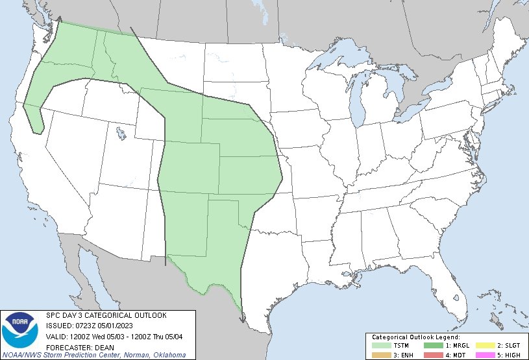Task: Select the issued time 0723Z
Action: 85,326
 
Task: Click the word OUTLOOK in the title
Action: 149,315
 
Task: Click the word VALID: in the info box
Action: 57,336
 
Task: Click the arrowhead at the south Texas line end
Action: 241,318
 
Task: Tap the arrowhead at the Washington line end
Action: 60,19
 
